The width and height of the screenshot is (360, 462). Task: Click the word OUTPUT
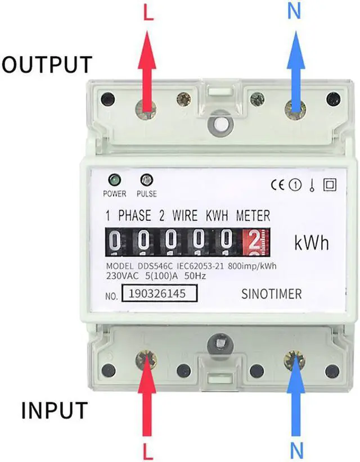pyautogui.click(x=46, y=64)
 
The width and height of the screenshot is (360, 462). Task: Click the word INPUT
pyautogui.click(x=55, y=410)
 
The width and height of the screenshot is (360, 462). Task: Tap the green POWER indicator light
pyautogui.click(x=114, y=180)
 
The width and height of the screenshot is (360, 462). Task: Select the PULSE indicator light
pyautogui.click(x=146, y=180)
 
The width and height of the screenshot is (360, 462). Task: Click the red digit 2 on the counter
pyautogui.click(x=254, y=242)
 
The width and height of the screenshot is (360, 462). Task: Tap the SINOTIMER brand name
pyautogui.click(x=271, y=293)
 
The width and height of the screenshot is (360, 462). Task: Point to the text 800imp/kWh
pyautogui.click(x=251, y=266)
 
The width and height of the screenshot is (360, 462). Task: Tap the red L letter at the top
pyautogui.click(x=148, y=12)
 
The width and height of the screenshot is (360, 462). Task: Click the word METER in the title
pyautogui.click(x=253, y=215)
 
